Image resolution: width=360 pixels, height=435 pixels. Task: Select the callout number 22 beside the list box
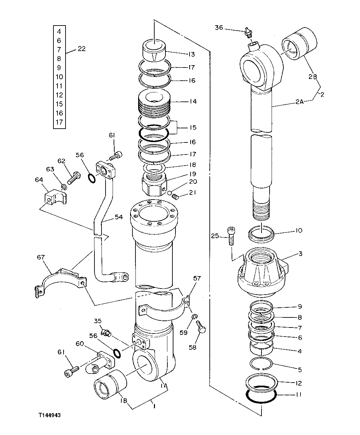[82, 49]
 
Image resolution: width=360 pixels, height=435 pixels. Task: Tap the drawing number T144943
[49, 415]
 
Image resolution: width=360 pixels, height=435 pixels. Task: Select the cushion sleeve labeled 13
[154, 50]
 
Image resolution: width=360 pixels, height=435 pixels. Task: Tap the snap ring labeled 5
[262, 364]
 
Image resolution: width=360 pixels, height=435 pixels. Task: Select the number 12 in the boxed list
[59, 95]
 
